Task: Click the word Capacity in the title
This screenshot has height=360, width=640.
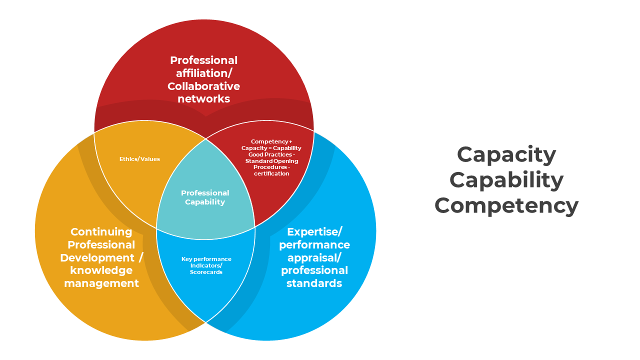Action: coord(506,154)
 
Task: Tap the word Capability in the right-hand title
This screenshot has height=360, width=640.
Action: coord(506,180)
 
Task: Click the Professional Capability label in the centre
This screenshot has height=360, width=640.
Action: coord(205,197)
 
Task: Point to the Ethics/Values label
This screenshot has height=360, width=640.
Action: coord(139,159)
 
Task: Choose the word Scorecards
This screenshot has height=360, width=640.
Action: coord(206,272)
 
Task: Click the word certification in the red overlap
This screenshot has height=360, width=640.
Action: coord(271,173)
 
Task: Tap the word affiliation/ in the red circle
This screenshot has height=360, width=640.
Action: coord(203,73)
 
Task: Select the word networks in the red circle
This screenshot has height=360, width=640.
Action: coord(203,98)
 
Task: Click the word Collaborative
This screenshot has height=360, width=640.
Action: coord(203,86)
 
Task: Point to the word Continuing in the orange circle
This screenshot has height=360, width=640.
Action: coord(101,232)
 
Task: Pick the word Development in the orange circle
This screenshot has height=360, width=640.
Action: coord(97,257)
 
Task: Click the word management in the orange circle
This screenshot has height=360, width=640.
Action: coord(101,283)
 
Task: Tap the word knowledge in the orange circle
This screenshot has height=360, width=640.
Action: coord(101,270)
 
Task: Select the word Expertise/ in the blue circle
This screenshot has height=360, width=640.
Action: coord(314,232)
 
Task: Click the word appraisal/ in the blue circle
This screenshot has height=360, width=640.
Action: coord(314,257)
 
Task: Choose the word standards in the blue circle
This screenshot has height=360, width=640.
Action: coord(314,283)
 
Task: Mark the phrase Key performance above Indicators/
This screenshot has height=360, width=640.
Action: coord(206,259)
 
